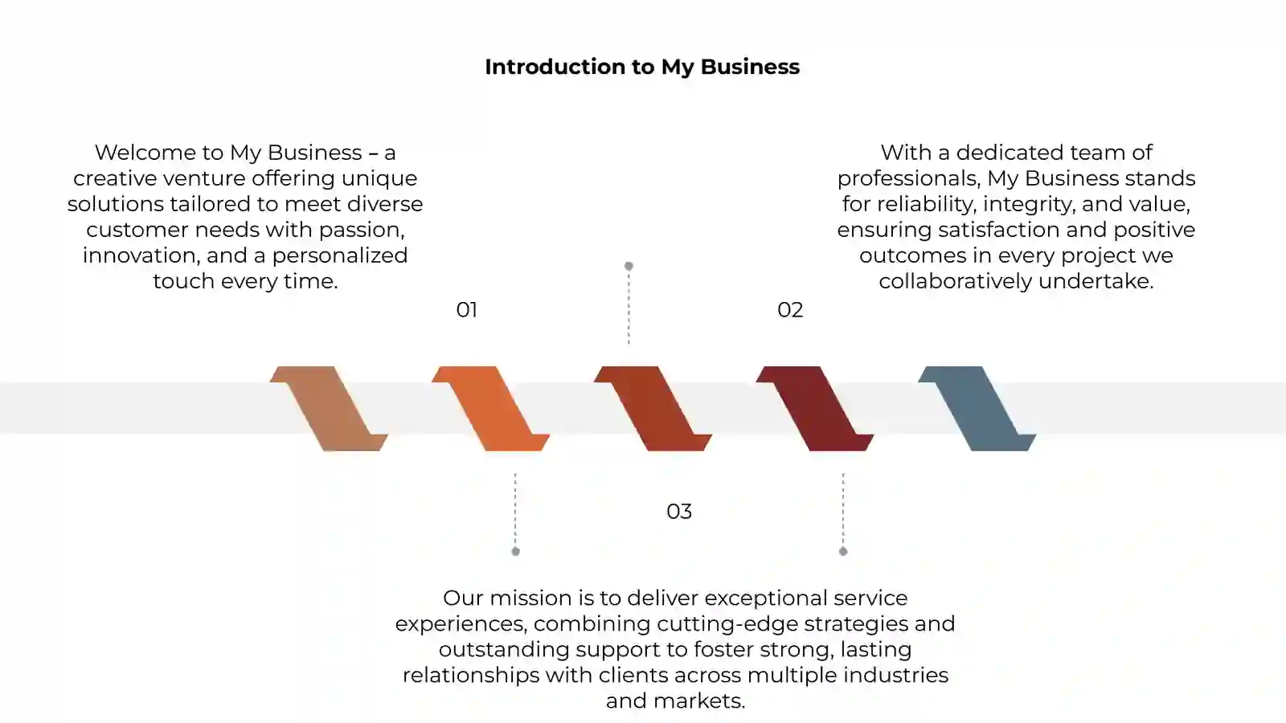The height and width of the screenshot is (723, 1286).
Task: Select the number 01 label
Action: tap(466, 310)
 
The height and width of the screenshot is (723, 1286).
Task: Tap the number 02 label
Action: tap(790, 310)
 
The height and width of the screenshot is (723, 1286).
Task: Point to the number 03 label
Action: tap(679, 511)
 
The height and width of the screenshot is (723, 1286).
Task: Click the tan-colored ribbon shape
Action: tap(329, 409)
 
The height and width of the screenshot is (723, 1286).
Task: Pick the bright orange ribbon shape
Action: tap(490, 409)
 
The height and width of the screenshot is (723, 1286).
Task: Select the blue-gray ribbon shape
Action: tap(977, 409)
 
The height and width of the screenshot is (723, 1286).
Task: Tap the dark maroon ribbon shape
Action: tap(815, 409)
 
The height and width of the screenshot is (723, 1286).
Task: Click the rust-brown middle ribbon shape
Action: tap(653, 409)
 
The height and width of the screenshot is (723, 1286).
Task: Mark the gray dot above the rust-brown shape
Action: tap(629, 266)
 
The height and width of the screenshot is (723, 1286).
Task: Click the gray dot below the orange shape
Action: tap(515, 551)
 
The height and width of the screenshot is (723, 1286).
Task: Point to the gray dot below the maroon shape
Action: tap(843, 551)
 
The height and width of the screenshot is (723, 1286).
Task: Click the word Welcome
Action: tap(145, 153)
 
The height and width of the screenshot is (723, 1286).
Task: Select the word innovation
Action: tap(141, 256)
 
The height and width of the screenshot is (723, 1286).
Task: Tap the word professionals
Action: tap(908, 179)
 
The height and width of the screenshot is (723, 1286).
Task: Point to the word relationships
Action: tap(471, 676)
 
